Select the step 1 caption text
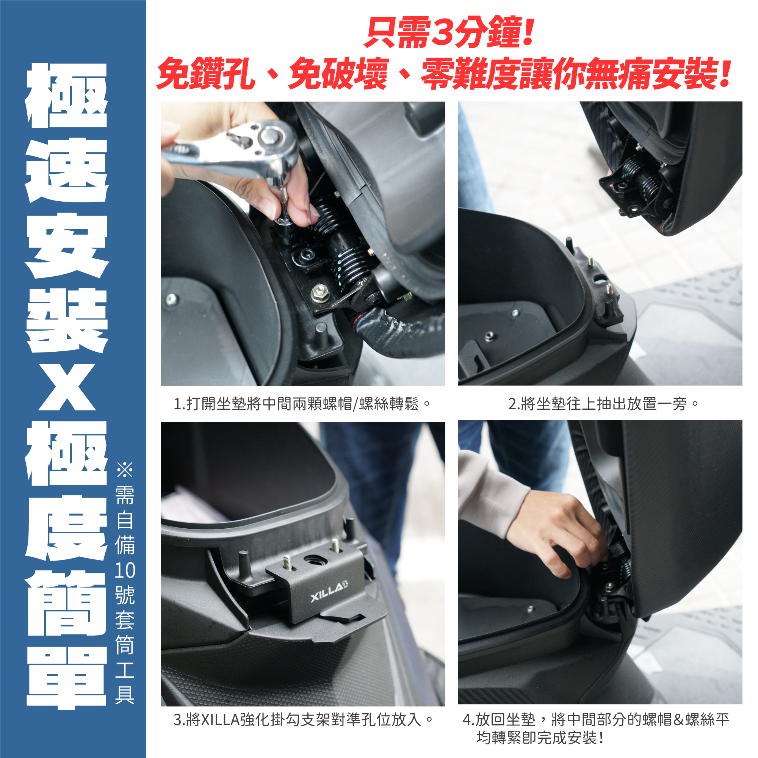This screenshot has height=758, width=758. click(x=302, y=403)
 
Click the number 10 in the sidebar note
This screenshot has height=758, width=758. click(x=125, y=570)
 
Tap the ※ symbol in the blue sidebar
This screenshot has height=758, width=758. click(x=125, y=470)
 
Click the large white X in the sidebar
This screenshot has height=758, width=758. click(x=67, y=387)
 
